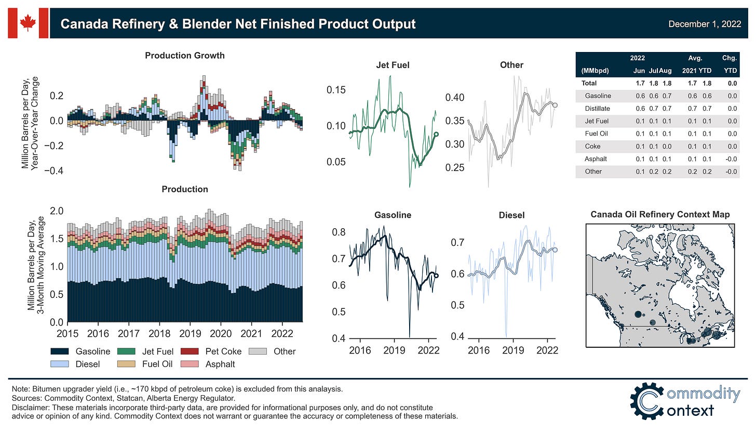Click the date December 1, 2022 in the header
coord(704,24)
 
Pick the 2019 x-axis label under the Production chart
coord(190,333)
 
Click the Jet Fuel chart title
coord(393,65)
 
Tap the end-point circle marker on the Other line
coord(555,105)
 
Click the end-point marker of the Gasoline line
coord(436,276)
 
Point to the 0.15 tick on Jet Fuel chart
coord(335,89)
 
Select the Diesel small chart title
coord(511,215)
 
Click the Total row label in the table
coord(589,83)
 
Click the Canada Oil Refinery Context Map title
coord(660,214)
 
